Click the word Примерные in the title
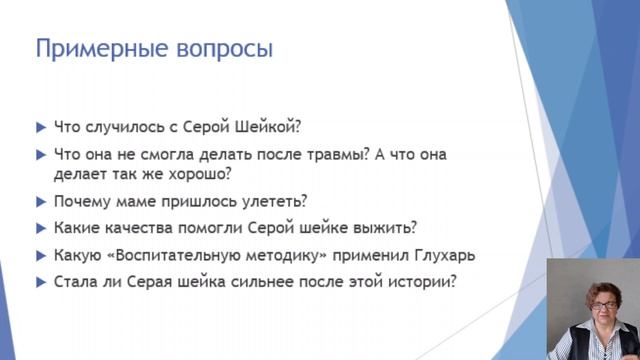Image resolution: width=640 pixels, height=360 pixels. click(94, 49)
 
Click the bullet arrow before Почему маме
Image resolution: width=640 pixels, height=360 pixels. click(40, 200)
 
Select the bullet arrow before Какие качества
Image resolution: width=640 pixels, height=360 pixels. click(40, 227)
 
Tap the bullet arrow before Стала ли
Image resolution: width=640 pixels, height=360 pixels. click(40, 282)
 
